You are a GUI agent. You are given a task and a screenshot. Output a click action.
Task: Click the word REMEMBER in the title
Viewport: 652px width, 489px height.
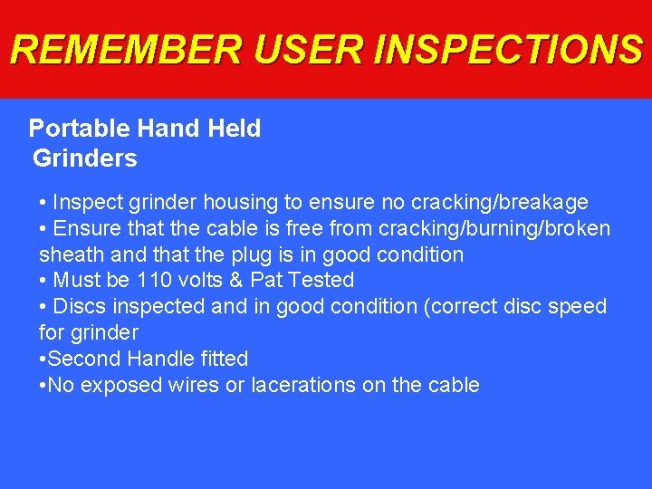tap(128, 50)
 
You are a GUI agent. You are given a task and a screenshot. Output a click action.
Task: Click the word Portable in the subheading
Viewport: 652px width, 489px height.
tap(71, 129)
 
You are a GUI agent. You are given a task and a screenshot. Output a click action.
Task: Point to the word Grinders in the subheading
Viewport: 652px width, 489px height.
tap(85, 158)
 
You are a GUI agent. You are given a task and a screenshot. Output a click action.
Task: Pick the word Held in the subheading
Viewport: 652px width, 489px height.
tap(235, 129)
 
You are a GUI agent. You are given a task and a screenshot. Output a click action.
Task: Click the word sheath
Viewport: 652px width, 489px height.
tap(68, 254)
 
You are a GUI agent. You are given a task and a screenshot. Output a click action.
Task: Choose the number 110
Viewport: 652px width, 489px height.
tap(152, 280)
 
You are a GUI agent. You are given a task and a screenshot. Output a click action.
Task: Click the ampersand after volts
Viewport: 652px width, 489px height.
tap(236, 280)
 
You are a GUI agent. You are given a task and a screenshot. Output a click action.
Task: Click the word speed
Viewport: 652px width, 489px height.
tap(573, 306)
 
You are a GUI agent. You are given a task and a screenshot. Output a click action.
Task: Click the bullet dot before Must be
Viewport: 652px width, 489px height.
tap(43, 281)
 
